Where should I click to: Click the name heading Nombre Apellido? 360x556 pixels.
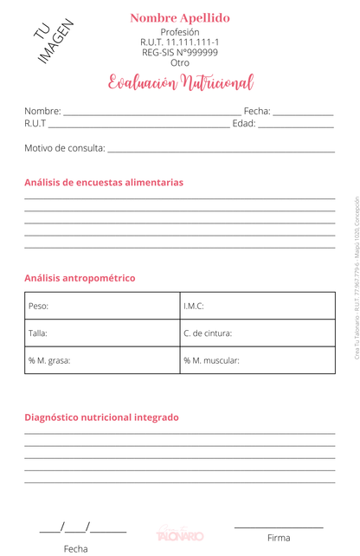[180, 17]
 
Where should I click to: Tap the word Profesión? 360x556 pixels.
[180, 32]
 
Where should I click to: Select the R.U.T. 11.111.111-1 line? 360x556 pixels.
[180, 42]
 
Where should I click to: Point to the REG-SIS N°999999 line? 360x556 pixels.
[180, 53]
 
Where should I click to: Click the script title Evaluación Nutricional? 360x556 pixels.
[180, 84]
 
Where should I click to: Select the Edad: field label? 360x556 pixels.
[244, 125]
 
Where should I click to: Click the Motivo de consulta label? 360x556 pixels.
[65, 148]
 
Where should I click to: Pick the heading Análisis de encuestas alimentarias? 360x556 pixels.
[104, 183]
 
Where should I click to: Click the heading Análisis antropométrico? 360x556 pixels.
[80, 279]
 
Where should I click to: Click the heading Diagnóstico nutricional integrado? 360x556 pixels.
[101, 417]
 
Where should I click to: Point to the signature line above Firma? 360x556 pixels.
[279, 527]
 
